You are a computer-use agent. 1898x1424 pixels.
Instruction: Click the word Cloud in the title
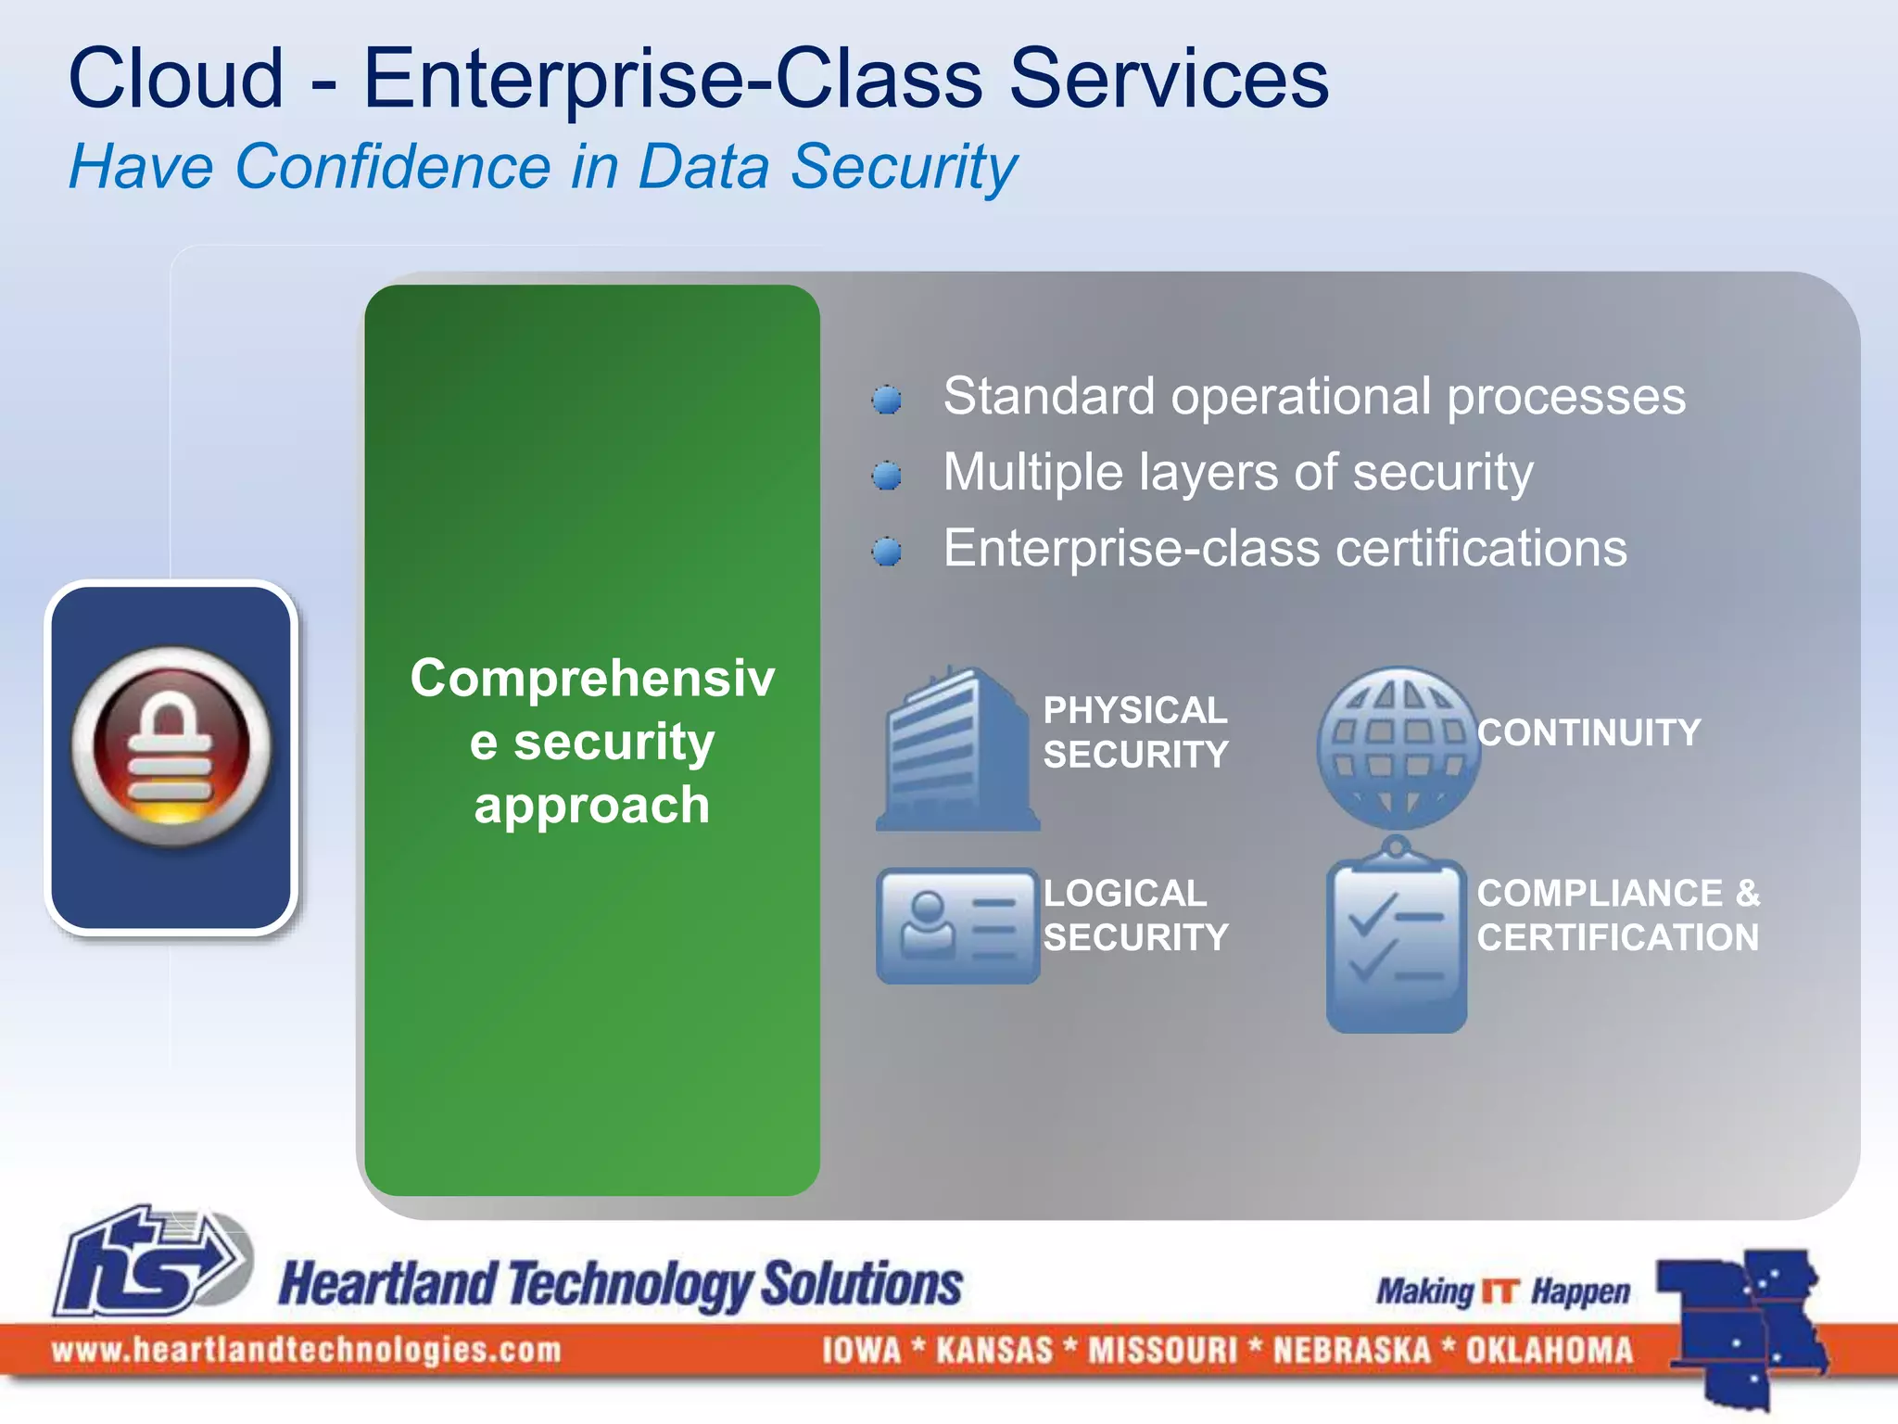coord(176,80)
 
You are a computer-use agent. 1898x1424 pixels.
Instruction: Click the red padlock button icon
coord(171,747)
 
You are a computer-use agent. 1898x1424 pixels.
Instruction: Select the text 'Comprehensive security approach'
coord(592,742)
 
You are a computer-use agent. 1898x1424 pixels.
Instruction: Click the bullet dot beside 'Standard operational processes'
coord(887,400)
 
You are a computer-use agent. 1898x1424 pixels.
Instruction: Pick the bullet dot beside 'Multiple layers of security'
coord(887,476)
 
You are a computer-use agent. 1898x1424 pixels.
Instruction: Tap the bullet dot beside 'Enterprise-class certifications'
coord(887,552)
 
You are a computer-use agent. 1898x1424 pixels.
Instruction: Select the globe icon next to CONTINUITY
coord(1398,747)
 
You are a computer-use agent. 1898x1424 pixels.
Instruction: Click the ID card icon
coord(957,925)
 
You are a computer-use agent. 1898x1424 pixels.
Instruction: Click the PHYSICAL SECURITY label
coord(1135,732)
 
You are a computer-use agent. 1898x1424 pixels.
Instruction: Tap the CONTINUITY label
coord(1588,732)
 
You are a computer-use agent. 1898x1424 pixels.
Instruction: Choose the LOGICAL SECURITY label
coord(1135,915)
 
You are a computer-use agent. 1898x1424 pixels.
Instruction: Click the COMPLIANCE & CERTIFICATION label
coord(1617,915)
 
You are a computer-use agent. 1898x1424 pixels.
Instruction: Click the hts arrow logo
coord(153,1261)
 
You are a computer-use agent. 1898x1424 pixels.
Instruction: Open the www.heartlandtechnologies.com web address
coord(307,1350)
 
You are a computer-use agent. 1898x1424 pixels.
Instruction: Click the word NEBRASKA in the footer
coord(1352,1350)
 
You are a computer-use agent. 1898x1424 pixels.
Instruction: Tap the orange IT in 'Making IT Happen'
coord(1500,1291)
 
